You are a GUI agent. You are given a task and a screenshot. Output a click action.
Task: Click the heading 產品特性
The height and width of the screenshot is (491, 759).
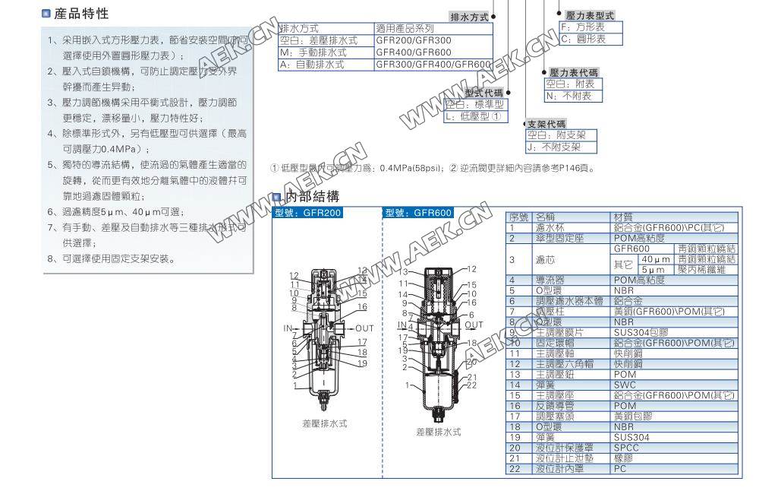click(81, 14)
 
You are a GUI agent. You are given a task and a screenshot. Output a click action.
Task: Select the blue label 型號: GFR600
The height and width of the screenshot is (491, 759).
click(418, 213)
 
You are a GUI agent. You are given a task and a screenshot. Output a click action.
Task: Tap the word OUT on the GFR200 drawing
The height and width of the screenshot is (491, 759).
click(365, 328)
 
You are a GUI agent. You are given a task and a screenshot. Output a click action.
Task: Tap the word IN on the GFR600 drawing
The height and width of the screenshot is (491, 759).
click(403, 325)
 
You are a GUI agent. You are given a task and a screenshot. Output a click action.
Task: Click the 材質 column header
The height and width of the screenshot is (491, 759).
click(623, 217)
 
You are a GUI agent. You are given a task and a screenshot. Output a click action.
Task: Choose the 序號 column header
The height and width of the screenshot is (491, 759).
click(518, 217)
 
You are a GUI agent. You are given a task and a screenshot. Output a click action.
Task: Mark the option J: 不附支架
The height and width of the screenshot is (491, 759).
click(554, 147)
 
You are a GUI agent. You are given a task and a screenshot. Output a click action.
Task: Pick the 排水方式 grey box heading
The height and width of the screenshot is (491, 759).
click(470, 17)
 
